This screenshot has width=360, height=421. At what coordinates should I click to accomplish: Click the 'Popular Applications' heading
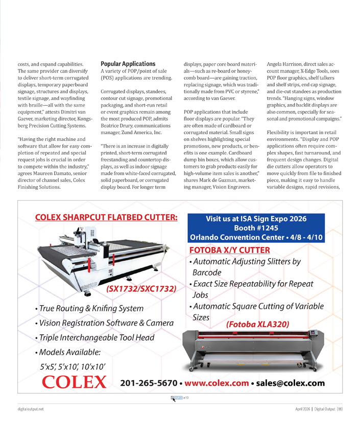(128, 64)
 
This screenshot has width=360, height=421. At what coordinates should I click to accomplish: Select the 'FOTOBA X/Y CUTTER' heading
(229, 250)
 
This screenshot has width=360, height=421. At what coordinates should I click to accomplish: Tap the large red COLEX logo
(75, 382)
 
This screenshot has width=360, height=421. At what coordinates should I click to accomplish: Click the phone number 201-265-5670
(148, 383)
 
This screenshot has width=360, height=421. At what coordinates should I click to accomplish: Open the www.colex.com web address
(217, 383)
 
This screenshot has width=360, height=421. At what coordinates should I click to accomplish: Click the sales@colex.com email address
(290, 383)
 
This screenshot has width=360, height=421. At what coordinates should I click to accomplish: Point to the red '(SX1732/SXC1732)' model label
(141, 289)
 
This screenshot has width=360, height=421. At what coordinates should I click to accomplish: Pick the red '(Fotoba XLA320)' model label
(257, 324)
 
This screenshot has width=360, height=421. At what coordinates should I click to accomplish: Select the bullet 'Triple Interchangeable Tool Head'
(94, 337)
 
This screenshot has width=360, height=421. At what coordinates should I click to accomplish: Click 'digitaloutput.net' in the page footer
(29, 409)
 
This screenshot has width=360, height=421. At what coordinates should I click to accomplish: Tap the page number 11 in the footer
(339, 409)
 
